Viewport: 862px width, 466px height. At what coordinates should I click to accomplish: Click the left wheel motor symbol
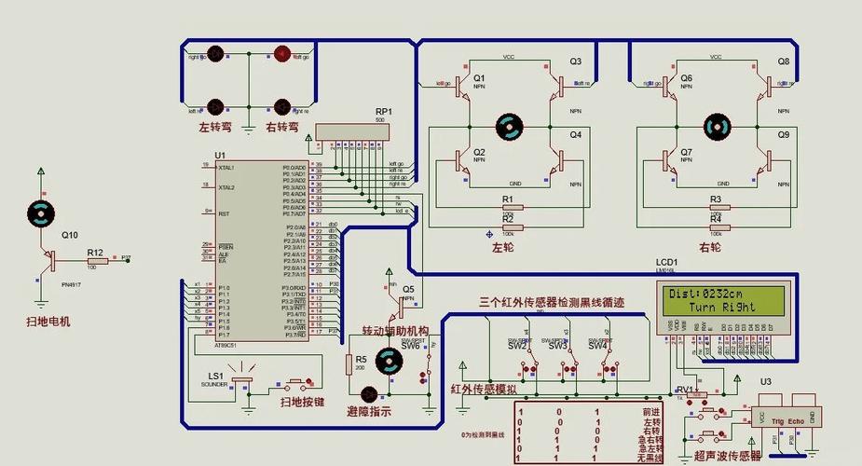tap(510, 126)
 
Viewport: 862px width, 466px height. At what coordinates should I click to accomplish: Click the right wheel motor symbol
tap(718, 126)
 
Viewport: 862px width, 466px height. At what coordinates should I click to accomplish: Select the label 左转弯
tap(216, 127)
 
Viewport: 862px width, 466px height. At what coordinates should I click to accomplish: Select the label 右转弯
tap(281, 127)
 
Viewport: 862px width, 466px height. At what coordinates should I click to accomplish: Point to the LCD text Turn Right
tap(723, 307)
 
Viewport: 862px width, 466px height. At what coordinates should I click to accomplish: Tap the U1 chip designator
tap(220, 155)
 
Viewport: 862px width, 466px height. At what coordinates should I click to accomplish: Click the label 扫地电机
tap(48, 322)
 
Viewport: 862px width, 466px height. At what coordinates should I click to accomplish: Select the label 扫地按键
tap(303, 402)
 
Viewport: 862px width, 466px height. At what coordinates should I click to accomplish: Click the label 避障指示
tap(369, 411)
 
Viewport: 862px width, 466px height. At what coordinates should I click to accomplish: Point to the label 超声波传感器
tap(728, 456)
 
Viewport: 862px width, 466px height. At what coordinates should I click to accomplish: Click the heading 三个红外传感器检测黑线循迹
tap(552, 302)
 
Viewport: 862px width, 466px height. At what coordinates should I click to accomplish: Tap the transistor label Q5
tap(408, 289)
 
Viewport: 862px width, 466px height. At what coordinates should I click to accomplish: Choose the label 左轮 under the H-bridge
tap(503, 247)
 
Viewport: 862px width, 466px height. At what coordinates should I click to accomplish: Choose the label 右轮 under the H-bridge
tap(710, 247)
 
